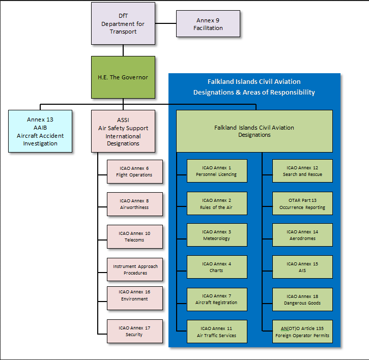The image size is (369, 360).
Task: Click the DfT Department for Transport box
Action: (123, 23)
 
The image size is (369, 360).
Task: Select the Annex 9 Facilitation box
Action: (208, 23)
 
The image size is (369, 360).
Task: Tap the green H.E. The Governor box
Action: (123, 77)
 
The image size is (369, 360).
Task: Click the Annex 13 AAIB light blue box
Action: (40, 131)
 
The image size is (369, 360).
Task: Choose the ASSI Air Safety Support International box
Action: (123, 131)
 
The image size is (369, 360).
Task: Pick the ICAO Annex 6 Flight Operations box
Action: (135, 171)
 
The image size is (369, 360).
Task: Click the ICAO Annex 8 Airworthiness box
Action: (135, 204)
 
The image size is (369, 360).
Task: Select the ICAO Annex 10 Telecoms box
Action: (135, 236)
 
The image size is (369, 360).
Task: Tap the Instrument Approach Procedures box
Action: (135, 269)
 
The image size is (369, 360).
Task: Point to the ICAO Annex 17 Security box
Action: (135, 331)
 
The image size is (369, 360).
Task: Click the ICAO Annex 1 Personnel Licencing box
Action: (217, 171)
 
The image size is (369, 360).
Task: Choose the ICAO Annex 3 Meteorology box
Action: (217, 235)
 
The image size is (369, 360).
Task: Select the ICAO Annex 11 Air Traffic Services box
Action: (217, 332)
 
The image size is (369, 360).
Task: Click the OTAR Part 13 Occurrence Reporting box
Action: (302, 203)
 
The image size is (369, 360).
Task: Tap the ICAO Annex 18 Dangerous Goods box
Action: (302, 299)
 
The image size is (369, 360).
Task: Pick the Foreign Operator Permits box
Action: (302, 332)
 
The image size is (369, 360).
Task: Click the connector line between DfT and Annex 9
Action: (166, 23)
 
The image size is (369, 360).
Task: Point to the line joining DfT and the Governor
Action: (123, 50)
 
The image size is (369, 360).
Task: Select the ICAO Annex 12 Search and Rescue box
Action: (302, 171)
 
